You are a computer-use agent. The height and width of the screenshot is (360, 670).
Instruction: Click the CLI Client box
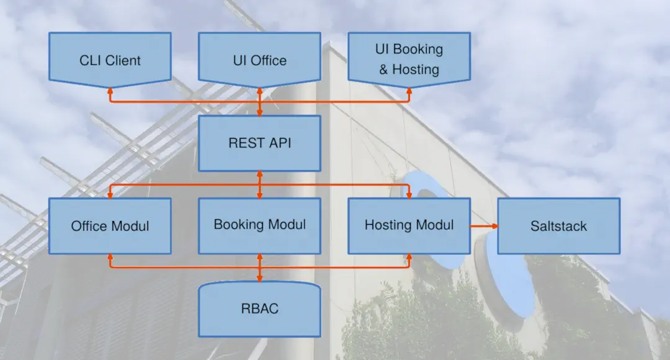[110, 60]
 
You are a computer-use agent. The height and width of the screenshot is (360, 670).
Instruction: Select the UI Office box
[259, 60]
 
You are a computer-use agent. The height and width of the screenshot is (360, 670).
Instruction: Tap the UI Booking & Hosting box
[409, 59]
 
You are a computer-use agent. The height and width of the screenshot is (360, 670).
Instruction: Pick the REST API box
[259, 143]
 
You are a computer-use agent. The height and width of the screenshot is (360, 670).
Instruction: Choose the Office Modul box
[110, 226]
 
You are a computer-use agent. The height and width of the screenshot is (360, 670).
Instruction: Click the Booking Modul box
[259, 225]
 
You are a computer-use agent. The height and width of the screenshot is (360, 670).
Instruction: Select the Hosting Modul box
[409, 225]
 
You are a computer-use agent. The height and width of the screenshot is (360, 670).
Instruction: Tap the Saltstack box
[558, 226]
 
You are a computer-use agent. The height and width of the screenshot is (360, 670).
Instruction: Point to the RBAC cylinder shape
[259, 308]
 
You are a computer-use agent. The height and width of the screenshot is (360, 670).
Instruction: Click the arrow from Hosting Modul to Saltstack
[484, 226]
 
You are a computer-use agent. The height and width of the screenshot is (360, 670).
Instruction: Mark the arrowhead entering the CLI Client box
[110, 91]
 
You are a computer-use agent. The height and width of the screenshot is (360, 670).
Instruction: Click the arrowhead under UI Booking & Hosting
[409, 91]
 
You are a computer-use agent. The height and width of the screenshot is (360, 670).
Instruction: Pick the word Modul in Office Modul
[130, 226]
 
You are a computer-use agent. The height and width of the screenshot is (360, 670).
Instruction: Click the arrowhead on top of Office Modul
[110, 194]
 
